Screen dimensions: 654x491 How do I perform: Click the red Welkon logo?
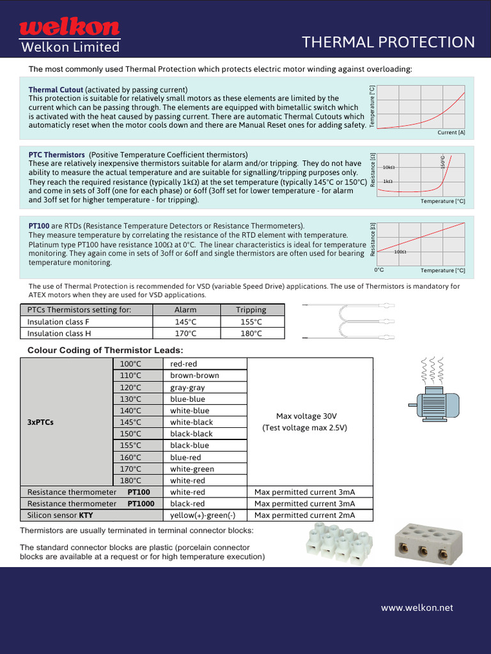(69, 27)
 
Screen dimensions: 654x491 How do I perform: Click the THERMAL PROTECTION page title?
(388, 42)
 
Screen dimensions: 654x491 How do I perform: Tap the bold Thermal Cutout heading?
(56, 90)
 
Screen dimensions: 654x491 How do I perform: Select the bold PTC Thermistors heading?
(56, 155)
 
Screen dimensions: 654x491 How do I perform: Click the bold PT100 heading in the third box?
(39, 226)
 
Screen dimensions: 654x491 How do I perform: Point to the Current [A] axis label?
(451, 132)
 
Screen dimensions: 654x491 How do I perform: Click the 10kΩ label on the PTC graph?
(389, 167)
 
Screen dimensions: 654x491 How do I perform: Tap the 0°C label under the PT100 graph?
(379, 270)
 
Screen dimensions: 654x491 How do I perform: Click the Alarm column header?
(185, 310)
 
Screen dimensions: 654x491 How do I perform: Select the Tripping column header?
(251, 310)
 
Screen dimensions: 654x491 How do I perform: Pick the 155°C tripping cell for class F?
(251, 322)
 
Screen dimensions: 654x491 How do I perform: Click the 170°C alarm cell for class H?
(185, 333)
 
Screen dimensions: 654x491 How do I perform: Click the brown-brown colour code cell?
(194, 376)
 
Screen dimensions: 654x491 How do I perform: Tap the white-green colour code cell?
(192, 469)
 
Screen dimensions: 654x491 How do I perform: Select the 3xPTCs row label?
(41, 422)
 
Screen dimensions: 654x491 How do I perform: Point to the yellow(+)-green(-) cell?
(203, 515)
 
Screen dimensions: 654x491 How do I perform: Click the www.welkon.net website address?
(417, 608)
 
